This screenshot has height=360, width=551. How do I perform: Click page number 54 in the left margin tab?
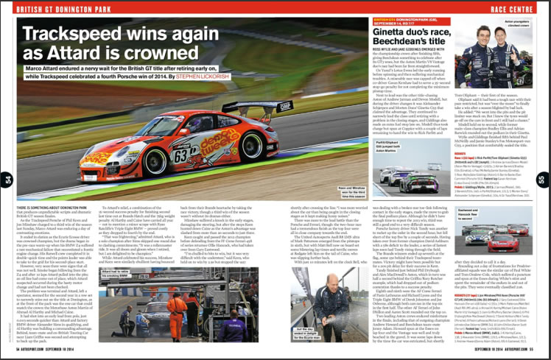pos(7,179)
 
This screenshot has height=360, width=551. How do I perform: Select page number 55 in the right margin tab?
pos(544,179)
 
